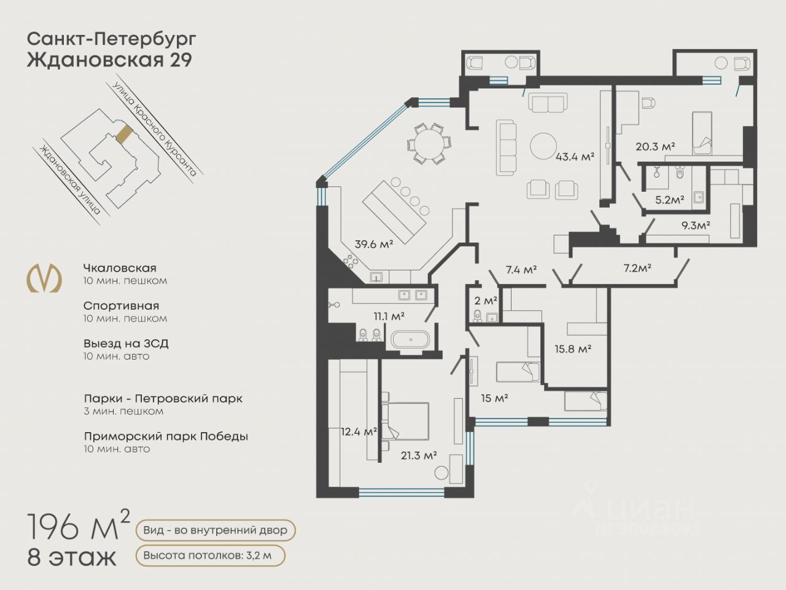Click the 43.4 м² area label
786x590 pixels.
pyautogui.click(x=575, y=157)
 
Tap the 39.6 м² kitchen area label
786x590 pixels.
pyautogui.click(x=374, y=245)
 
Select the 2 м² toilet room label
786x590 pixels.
pyautogui.click(x=486, y=301)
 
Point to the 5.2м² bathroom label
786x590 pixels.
pyautogui.click(x=669, y=200)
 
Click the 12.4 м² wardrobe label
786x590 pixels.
pyautogui.click(x=359, y=431)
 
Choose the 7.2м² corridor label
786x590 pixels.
pyautogui.click(x=637, y=268)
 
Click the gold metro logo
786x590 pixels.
pyautogui.click(x=44, y=278)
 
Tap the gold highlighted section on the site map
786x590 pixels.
pyautogui.click(x=124, y=134)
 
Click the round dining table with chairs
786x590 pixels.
pyautogui.click(x=429, y=143)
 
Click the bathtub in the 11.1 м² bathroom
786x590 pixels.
pyautogui.click(x=410, y=340)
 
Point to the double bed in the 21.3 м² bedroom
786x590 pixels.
pyautogui.click(x=405, y=421)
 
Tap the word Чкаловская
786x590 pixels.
pyautogui.click(x=120, y=268)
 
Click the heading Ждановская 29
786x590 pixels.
pyautogui.click(x=109, y=60)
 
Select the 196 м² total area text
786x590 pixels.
pyautogui.click(x=79, y=525)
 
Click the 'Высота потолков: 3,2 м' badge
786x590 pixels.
pyautogui.click(x=211, y=556)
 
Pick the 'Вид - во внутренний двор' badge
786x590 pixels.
pyautogui.click(x=216, y=530)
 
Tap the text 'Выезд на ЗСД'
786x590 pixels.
pyautogui.click(x=126, y=344)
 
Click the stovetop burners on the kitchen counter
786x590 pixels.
pyautogui.click(x=350, y=261)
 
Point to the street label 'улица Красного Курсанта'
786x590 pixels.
pyautogui.click(x=155, y=129)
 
